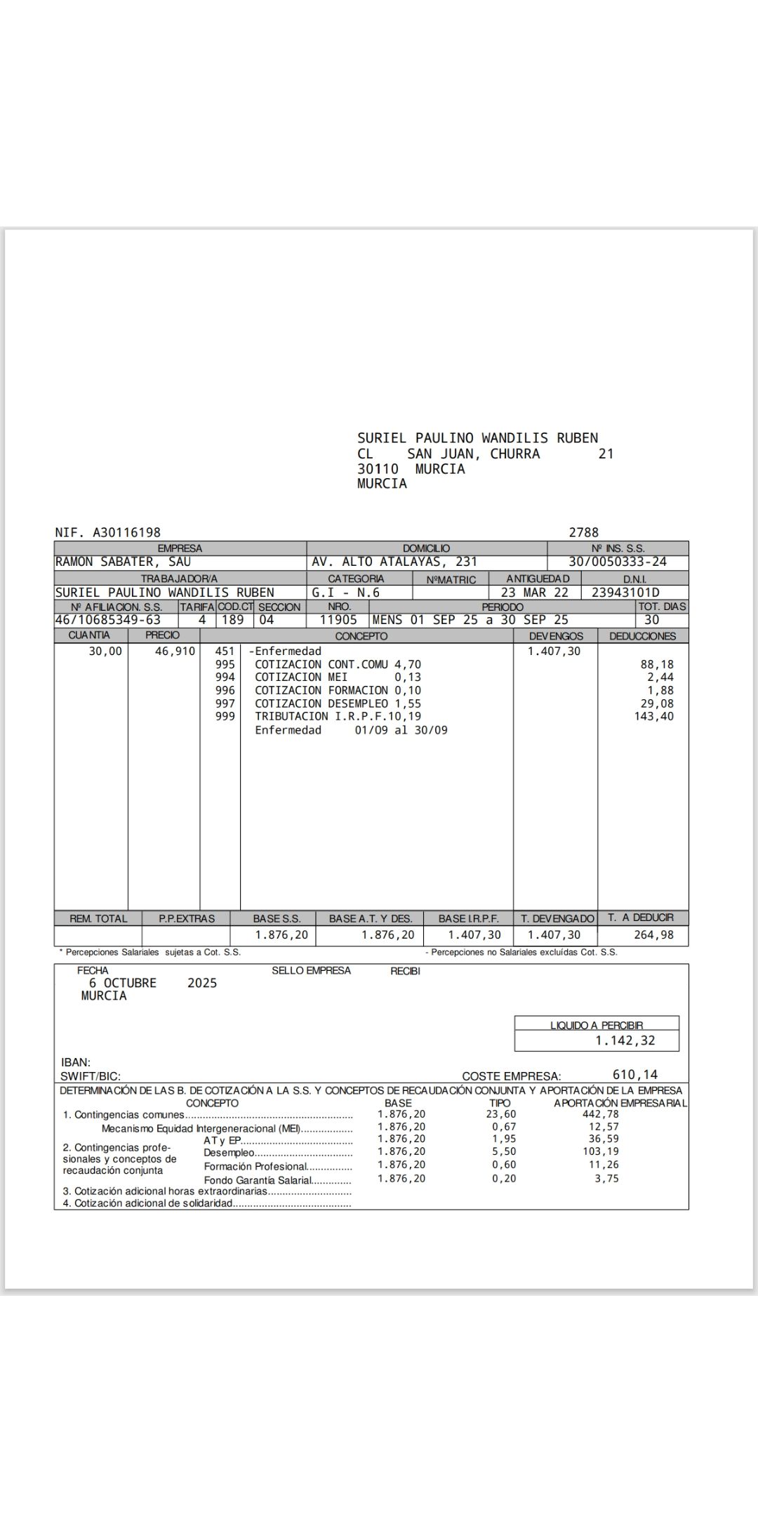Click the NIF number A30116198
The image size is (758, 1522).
(126, 533)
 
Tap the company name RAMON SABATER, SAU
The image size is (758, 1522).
(123, 562)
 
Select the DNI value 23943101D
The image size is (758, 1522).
(625, 592)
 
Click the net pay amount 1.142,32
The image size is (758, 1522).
(625, 1040)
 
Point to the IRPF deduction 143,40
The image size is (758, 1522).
(653, 716)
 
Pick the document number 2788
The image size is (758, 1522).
(583, 533)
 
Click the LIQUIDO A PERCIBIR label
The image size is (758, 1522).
(596, 1025)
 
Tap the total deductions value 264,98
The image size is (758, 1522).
(653, 934)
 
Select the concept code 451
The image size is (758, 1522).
(225, 651)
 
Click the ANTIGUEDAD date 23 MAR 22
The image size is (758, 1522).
(534, 592)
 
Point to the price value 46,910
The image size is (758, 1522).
(175, 651)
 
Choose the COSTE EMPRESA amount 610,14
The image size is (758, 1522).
(635, 1074)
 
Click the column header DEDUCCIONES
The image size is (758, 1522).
(642, 636)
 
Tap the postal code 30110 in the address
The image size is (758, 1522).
(378, 469)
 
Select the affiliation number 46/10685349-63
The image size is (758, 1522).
(108, 620)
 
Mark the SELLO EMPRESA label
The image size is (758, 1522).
(311, 970)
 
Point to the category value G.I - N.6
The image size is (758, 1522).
(345, 592)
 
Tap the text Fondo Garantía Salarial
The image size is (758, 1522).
(257, 1180)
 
